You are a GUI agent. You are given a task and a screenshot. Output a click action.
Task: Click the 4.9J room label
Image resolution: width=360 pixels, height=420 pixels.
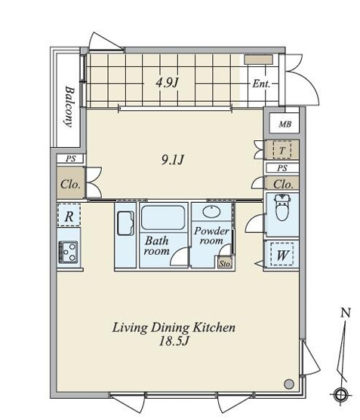168,82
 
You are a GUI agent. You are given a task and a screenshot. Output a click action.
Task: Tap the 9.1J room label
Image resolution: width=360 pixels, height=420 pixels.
173,160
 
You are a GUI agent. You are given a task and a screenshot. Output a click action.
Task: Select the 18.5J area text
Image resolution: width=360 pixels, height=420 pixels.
174,342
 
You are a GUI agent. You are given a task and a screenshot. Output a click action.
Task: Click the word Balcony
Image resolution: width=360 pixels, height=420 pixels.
69,106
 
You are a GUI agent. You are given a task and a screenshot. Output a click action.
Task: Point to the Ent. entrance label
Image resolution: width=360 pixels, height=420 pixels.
261,84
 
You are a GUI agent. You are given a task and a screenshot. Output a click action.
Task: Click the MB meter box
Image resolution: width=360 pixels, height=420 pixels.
284,123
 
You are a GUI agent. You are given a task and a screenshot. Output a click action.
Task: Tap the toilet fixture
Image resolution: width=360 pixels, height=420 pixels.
282,207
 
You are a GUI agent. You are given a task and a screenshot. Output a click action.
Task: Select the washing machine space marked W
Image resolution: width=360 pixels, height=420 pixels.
282,254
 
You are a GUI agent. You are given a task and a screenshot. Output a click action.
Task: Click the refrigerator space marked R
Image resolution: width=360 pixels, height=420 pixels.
69,216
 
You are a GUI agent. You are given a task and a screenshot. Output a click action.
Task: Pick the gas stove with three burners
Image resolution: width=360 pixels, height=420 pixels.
68,253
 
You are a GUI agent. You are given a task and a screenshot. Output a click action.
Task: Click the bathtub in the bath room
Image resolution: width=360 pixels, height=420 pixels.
163,217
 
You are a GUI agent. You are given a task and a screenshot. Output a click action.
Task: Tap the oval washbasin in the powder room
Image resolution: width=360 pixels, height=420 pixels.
212,212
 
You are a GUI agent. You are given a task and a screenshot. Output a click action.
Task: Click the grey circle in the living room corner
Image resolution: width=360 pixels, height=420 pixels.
289,384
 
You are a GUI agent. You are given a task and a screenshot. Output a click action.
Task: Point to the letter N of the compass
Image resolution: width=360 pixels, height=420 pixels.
346,313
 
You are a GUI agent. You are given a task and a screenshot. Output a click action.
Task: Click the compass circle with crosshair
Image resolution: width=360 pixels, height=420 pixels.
340,394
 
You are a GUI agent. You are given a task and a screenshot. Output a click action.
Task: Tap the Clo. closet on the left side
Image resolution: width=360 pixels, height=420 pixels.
71,183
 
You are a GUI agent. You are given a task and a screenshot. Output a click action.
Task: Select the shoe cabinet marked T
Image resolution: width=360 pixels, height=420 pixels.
282,150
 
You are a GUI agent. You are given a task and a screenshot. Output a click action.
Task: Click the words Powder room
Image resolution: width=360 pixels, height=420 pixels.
212,236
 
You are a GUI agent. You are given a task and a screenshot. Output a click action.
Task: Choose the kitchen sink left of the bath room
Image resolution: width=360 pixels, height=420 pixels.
125,223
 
